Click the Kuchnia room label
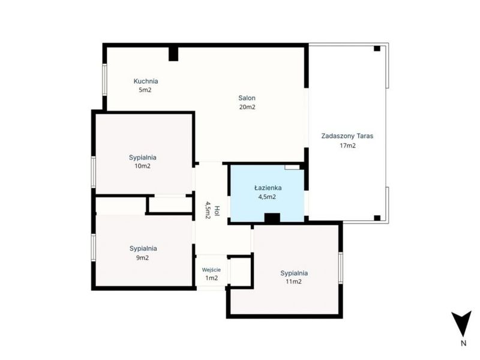pos(146,81)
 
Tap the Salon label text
pos(247,98)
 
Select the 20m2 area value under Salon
pos(247,107)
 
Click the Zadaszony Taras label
pos(347,136)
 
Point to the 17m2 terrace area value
pos(348,146)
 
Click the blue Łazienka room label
pos(268,188)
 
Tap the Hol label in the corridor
pos(217,211)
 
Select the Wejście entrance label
pos(211,270)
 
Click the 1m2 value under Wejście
pos(212,278)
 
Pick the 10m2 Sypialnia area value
pos(143,166)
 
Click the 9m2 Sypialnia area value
pos(142,258)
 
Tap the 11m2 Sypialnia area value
pos(293,281)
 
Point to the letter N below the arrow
pos(463,343)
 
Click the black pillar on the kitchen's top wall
pos(173,54)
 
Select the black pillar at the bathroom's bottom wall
pos(272,218)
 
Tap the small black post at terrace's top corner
pos(377,49)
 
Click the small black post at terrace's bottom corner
pos(377,218)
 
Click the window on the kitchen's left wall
pos(104,80)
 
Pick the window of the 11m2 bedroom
pos(341,268)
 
